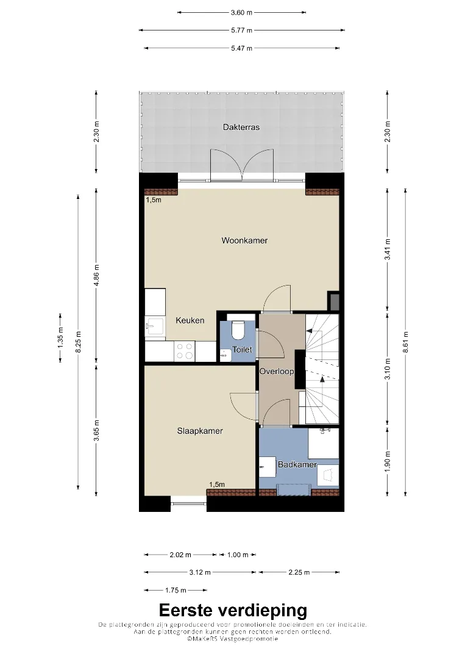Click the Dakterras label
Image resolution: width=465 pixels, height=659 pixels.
point(241,127)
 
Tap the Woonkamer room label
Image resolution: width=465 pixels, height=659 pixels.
point(244,240)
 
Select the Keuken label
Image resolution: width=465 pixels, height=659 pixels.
point(190,320)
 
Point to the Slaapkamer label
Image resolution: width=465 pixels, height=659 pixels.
point(200,431)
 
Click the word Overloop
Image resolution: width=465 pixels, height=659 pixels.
point(277,371)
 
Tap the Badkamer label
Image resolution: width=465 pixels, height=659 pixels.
point(297,464)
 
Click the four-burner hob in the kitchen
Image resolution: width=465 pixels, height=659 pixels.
point(185,351)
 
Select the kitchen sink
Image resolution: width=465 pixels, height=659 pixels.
point(155,325)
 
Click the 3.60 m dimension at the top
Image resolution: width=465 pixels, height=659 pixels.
point(242,13)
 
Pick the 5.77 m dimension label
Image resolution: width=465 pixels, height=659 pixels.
point(242,31)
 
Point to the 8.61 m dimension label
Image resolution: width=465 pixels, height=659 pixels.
point(405,342)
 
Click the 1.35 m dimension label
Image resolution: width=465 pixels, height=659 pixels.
point(60,337)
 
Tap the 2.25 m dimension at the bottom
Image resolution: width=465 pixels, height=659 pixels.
point(299,572)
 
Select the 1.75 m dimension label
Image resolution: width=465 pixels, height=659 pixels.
point(176,590)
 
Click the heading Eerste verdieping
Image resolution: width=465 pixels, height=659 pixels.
point(233,610)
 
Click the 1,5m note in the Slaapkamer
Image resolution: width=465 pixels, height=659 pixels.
point(217,484)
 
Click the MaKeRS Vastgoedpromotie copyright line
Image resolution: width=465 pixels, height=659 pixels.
point(233,639)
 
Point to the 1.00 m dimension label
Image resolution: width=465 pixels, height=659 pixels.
point(238,555)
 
